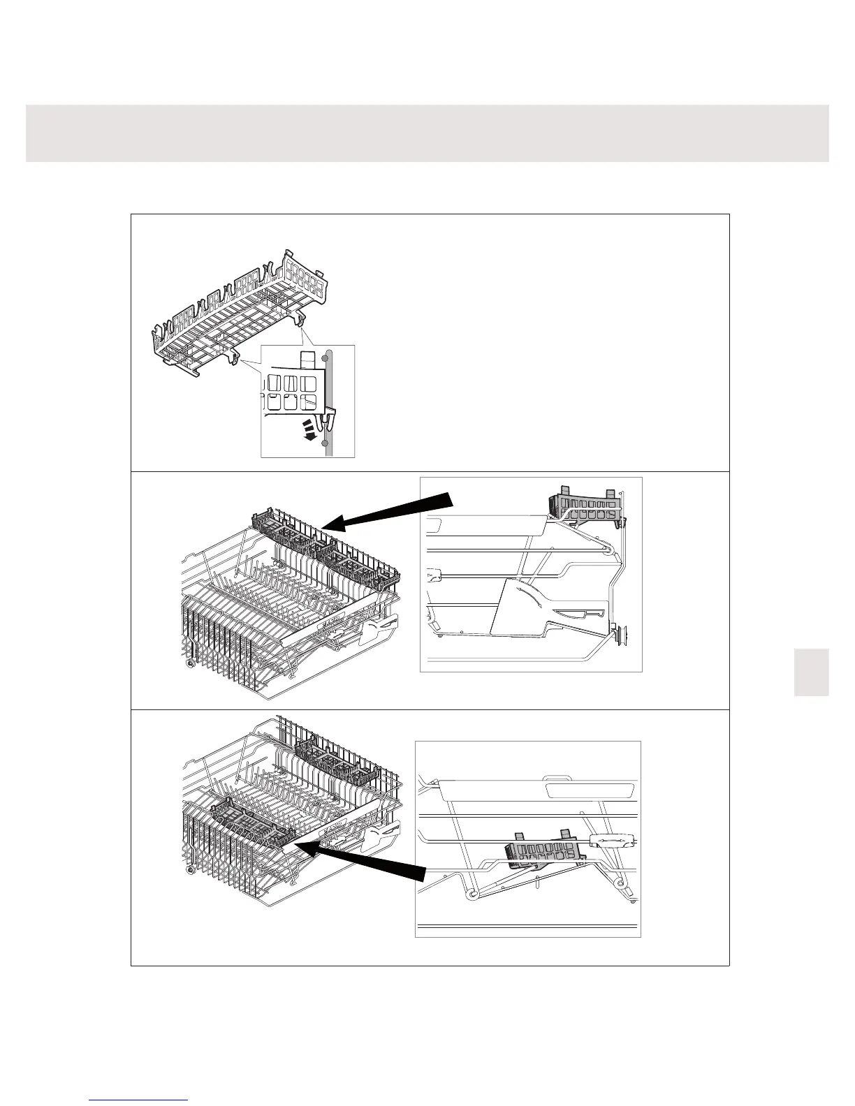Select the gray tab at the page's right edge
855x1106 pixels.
pyautogui.click(x=811, y=672)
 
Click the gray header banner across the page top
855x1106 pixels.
pyautogui.click(x=427, y=133)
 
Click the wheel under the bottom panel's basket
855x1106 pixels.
pyautogui.click(x=191, y=873)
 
